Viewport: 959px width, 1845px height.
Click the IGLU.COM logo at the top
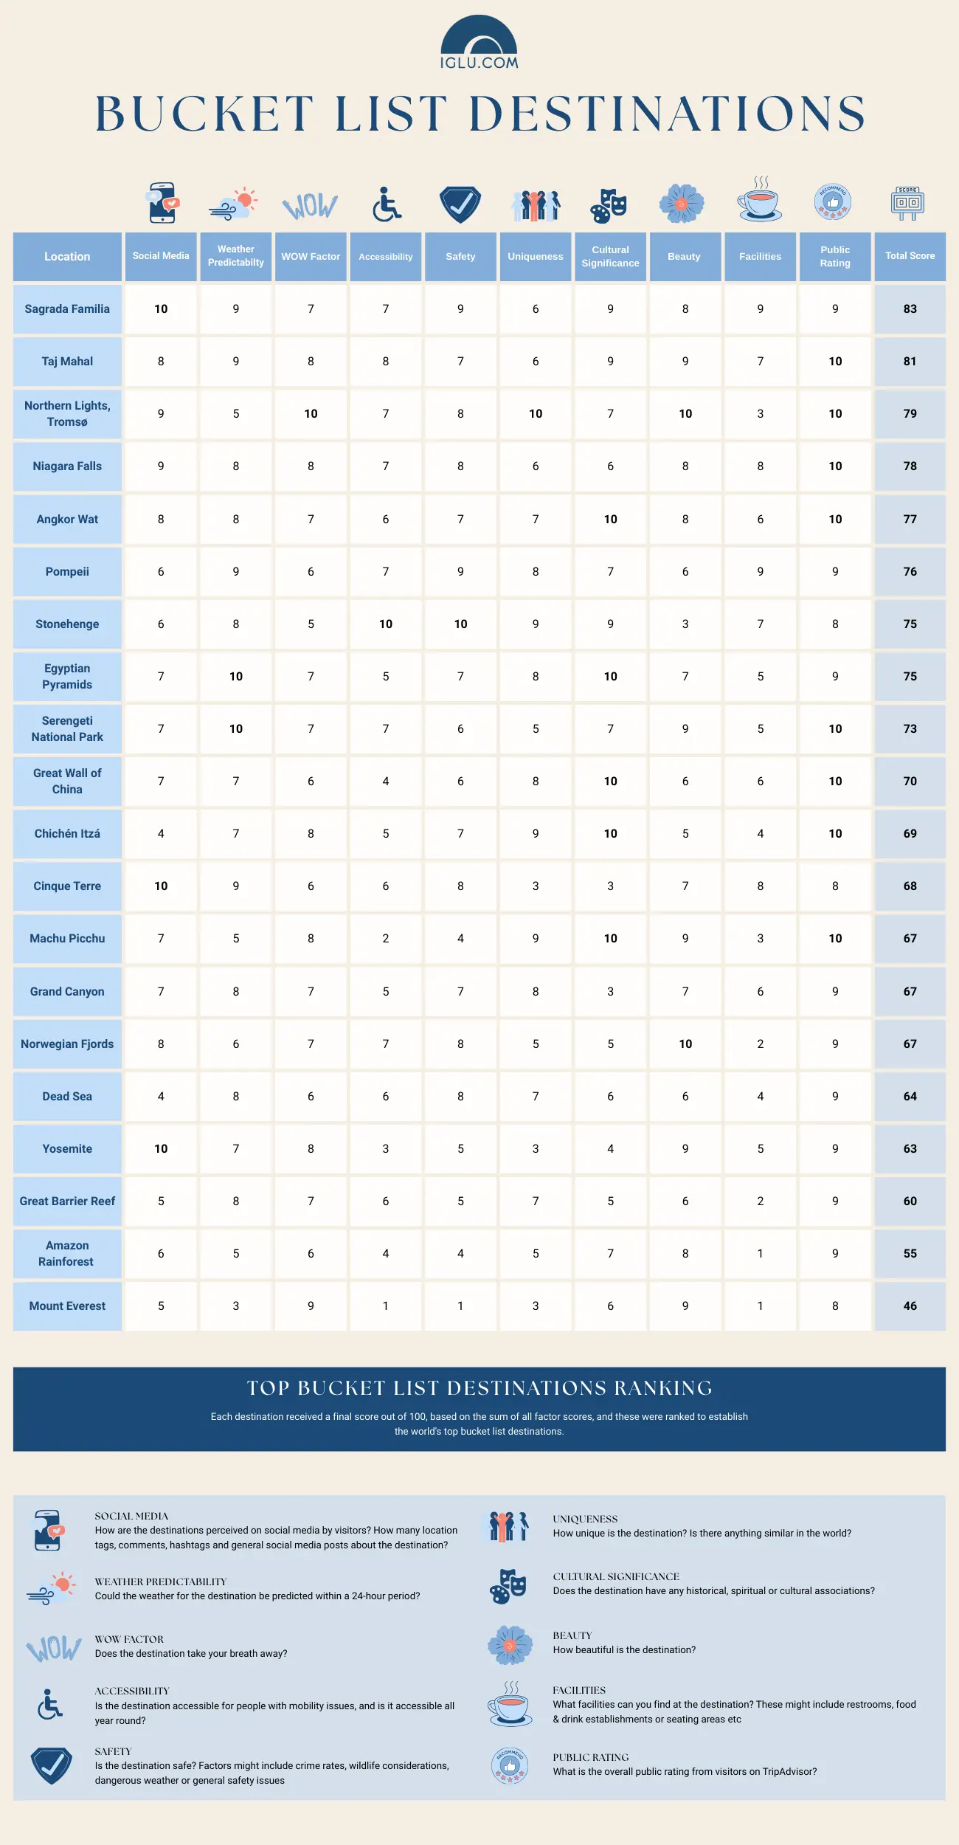479,44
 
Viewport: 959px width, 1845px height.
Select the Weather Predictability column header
236,256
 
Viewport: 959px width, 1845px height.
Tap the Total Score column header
910,256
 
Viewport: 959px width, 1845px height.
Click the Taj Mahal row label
67,362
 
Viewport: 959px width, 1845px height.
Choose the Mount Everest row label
67,1306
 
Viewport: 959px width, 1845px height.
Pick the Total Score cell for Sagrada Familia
910,309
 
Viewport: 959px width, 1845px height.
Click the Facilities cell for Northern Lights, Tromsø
760,414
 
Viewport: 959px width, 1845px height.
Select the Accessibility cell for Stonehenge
386,624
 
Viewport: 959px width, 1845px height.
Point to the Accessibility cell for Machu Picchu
386,939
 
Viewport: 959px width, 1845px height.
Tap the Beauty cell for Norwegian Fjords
685,1044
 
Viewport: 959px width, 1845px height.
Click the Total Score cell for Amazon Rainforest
910,1254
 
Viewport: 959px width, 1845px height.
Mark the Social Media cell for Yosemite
161,1149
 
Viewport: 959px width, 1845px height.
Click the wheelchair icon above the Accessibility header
386,204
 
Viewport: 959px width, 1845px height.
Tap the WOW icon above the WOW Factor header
311,206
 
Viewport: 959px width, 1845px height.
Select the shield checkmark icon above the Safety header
460,204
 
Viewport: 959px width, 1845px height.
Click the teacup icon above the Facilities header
760,201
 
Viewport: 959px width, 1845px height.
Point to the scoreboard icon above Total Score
907,203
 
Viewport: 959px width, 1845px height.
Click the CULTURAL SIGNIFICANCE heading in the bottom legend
616,1576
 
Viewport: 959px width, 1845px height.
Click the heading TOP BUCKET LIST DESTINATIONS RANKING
479,1388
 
